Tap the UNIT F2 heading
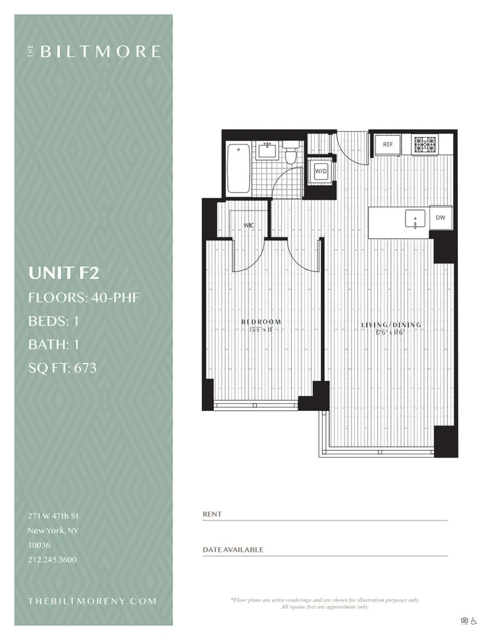[x=63, y=273]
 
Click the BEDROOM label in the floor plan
[x=261, y=322]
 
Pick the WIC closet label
[x=249, y=225]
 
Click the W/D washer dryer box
[x=320, y=171]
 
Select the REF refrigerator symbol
[x=388, y=145]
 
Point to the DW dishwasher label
[x=441, y=218]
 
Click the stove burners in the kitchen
[x=423, y=145]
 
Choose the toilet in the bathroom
[x=291, y=154]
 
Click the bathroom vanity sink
[x=266, y=151]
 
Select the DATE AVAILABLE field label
[x=232, y=550]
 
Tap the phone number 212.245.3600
[x=52, y=560]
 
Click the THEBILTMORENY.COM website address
[x=93, y=601]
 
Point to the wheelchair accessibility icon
[x=475, y=620]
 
